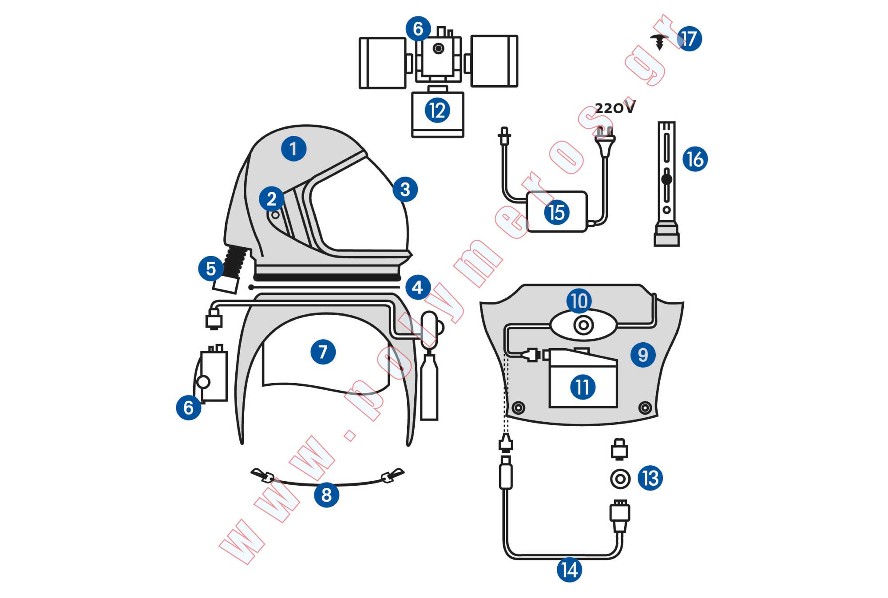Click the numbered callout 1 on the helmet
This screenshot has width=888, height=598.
(293, 148)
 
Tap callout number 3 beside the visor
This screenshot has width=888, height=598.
(405, 189)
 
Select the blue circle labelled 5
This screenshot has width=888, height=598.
(210, 268)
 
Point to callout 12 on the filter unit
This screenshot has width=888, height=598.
(437, 110)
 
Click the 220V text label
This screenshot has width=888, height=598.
(615, 107)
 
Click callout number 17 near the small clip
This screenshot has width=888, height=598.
(689, 38)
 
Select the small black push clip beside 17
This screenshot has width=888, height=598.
(660, 41)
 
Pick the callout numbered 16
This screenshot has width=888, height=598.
(695, 159)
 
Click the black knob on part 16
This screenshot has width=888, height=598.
(666, 179)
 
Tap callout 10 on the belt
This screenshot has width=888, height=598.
(579, 301)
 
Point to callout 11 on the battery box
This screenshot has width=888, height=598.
(583, 387)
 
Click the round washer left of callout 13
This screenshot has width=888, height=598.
(620, 479)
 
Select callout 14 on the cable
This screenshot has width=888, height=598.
(569, 570)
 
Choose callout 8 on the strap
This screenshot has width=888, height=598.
(326, 495)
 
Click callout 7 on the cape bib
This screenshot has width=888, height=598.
(323, 352)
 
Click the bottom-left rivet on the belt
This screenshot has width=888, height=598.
(518, 407)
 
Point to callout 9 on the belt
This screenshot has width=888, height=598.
(643, 354)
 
